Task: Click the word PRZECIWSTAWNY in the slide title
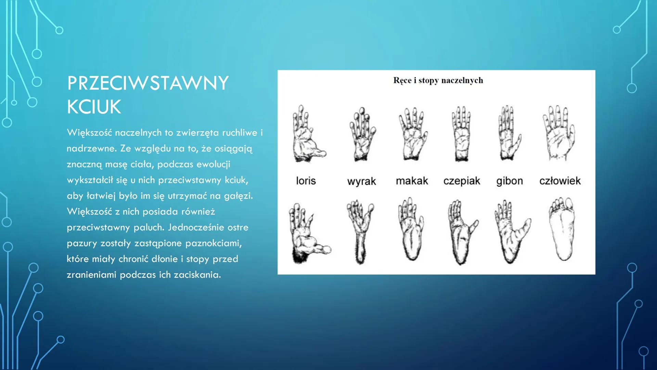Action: [x=148, y=83]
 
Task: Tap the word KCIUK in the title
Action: [x=94, y=107]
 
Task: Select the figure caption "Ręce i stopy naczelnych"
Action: [x=438, y=81]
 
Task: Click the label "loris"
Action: [x=306, y=181]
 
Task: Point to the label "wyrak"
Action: [x=362, y=181]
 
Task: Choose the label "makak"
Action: [x=412, y=181]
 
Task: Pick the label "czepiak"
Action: [x=462, y=181]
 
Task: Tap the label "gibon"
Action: [x=510, y=181]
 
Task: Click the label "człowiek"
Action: [x=560, y=181]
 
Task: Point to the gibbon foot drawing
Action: [x=512, y=232]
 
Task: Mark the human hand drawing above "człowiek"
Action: [x=559, y=133]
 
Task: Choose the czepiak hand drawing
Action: [x=461, y=134]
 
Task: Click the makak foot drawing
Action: [x=411, y=229]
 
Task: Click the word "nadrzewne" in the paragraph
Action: [x=91, y=148]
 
